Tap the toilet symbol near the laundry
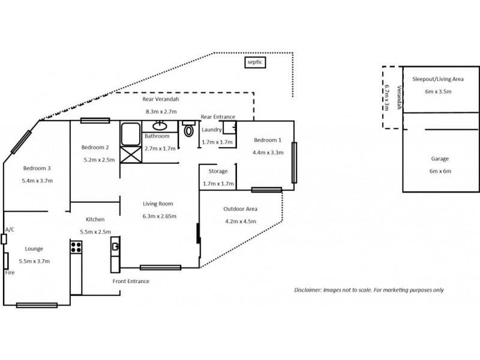coord(189,128)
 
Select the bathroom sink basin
coord(160,126)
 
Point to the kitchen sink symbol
coord(115,245)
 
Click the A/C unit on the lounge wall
coord(4,239)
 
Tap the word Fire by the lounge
coord(9,272)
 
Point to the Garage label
coord(440,159)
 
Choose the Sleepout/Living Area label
coord(437,79)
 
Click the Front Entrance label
coord(131,281)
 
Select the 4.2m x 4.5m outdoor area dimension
coord(240,221)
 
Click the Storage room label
coord(217,171)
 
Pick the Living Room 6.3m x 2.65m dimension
coord(159,215)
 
